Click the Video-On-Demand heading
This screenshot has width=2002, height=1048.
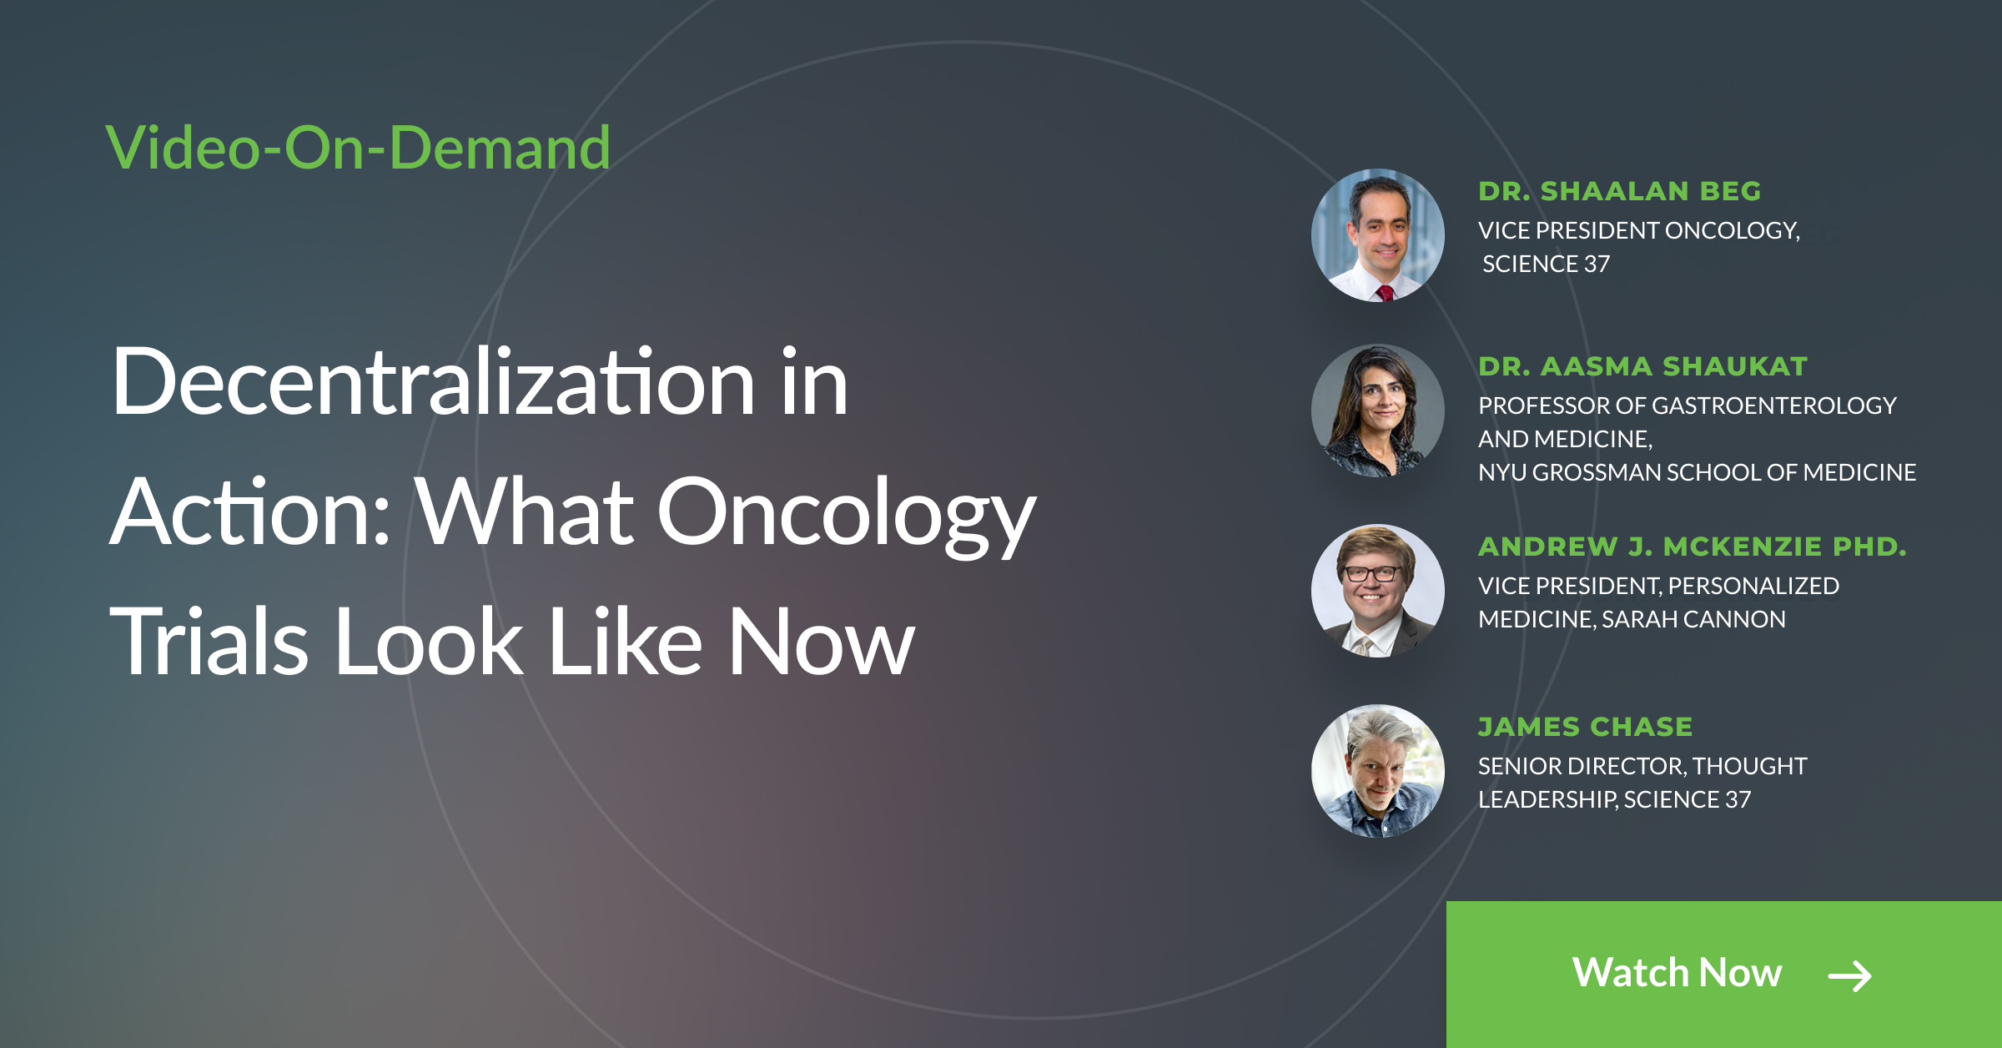(358, 148)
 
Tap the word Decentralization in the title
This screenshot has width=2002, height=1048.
(435, 382)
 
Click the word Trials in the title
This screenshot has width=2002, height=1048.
(209, 641)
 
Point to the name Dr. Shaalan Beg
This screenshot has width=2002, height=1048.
(1619, 191)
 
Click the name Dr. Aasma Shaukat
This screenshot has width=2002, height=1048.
(1642, 366)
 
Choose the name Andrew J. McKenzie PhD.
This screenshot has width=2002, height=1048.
(1692, 547)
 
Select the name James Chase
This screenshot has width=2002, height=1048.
(1585, 727)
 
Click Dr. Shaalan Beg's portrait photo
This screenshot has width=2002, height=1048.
(1378, 235)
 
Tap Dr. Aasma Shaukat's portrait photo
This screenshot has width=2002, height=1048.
(1378, 411)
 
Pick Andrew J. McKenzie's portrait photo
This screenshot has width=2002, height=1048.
(1378, 591)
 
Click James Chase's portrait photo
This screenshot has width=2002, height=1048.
(1378, 771)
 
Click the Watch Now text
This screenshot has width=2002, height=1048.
(1677, 972)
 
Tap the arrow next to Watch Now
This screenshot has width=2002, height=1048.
(1849, 975)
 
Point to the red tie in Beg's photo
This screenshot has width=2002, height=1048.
(1386, 293)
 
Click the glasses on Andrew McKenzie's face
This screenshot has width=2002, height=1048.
(1372, 573)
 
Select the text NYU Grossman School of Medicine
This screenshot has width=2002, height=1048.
(1697, 472)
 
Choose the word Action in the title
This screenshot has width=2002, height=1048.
(250, 511)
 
